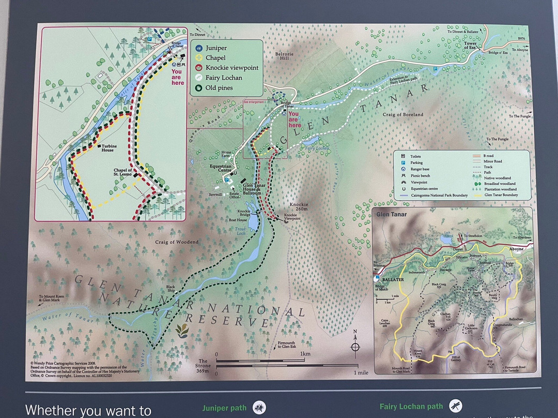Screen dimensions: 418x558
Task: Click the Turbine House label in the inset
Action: click(x=109, y=147)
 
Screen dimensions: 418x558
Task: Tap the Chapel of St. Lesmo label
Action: click(x=123, y=173)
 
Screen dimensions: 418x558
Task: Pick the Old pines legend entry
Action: click(x=219, y=88)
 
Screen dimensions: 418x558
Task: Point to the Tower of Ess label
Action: click(x=470, y=45)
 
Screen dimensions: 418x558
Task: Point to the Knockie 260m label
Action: click(x=299, y=207)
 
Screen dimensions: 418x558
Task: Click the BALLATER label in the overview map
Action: click(x=392, y=279)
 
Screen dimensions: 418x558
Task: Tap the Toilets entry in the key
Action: click(x=415, y=156)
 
